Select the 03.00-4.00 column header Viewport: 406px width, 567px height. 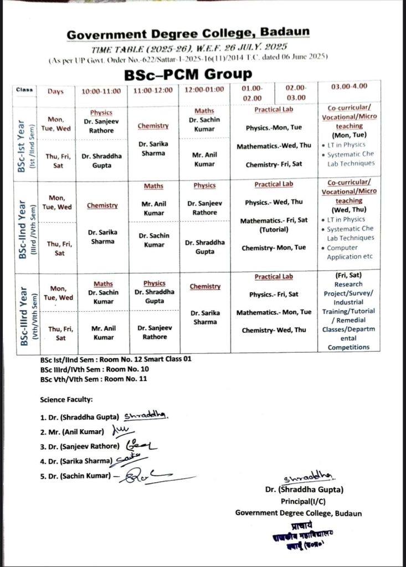349,87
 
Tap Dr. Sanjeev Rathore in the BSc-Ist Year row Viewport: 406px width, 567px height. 101,126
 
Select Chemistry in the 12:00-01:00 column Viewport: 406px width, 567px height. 205,286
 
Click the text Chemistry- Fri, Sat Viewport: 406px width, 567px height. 273,164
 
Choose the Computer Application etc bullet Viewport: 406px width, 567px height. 350,252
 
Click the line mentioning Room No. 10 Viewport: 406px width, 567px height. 94,369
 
